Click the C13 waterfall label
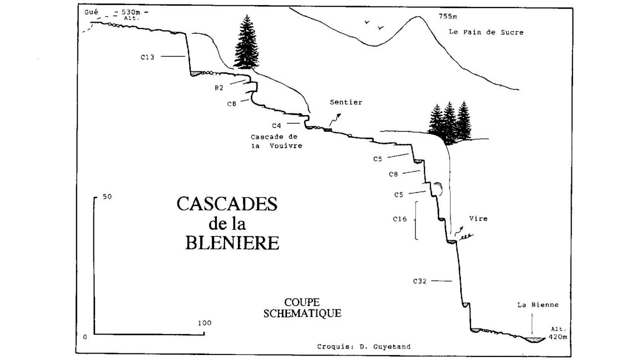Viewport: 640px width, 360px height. pyautogui.click(x=147, y=57)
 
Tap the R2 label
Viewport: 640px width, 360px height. pyautogui.click(x=219, y=88)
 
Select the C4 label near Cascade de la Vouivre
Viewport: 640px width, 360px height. pyautogui.click(x=276, y=125)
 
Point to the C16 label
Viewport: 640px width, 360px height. pyautogui.click(x=399, y=219)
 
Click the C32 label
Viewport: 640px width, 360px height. pyautogui.click(x=420, y=281)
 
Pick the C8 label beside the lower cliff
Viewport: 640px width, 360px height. pyautogui.click(x=393, y=174)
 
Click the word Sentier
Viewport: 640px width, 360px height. pyautogui.click(x=346, y=102)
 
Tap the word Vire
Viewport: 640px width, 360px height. pyautogui.click(x=478, y=218)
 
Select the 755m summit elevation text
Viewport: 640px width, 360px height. pyautogui.click(x=448, y=16)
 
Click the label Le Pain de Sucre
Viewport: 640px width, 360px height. pyautogui.click(x=486, y=32)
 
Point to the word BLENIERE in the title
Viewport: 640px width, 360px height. pyautogui.click(x=232, y=243)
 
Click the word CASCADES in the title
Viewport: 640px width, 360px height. pyautogui.click(x=227, y=203)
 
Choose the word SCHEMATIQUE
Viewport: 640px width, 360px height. pyautogui.click(x=302, y=313)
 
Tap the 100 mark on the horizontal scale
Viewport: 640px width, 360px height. pyautogui.click(x=204, y=323)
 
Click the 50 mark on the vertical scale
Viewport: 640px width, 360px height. pyautogui.click(x=107, y=196)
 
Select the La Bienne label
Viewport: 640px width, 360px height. pyautogui.click(x=538, y=305)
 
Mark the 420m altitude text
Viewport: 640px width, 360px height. pyautogui.click(x=558, y=337)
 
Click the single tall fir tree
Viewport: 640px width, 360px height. pyautogui.click(x=246, y=42)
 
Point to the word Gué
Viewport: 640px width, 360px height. pyautogui.click(x=91, y=12)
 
